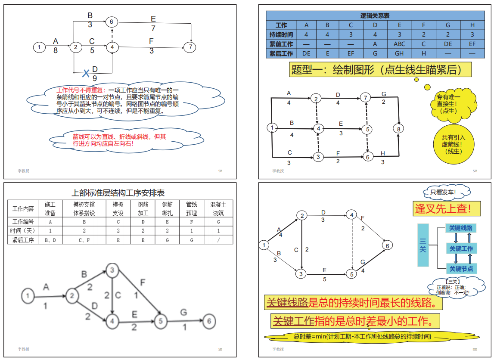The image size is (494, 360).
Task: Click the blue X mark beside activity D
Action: pyautogui.click(x=87, y=73)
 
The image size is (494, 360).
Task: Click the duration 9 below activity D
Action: pyautogui.click(x=95, y=78)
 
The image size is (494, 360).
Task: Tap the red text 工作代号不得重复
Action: pyautogui.click(x=81, y=90)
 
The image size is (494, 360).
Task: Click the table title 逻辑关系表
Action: pyautogui.click(x=375, y=16)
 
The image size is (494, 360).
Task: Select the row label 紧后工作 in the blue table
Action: pyautogui.click(x=281, y=53)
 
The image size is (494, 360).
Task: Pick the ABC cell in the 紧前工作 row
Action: pyautogui.click(x=399, y=44)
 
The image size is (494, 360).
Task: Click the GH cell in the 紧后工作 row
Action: pyautogui.click(x=399, y=53)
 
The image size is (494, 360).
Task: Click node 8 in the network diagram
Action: pyautogui.click(x=399, y=128)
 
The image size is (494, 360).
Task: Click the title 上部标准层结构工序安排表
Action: pyautogui.click(x=118, y=193)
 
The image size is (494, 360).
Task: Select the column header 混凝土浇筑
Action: pyautogui.click(x=218, y=208)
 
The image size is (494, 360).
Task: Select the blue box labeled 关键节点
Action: pyautogui.click(x=461, y=269)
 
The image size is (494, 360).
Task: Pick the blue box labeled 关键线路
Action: pyautogui.click(x=461, y=228)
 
